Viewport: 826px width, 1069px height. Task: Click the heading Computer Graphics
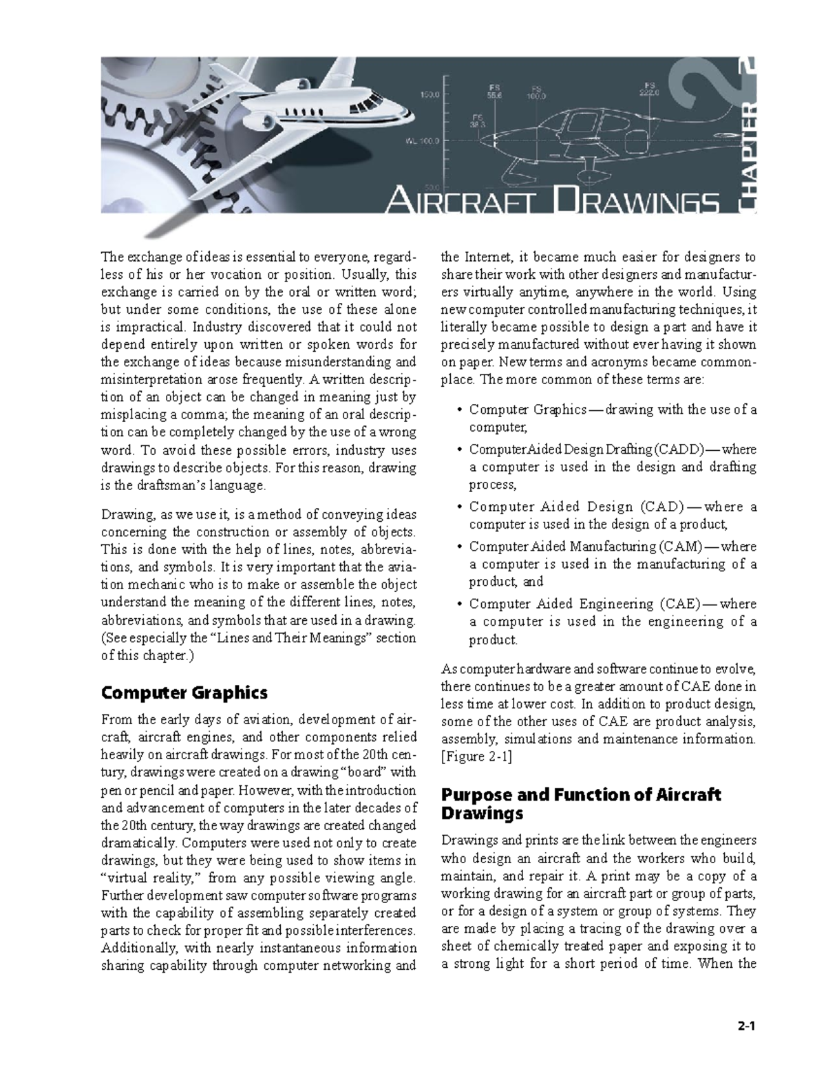click(x=184, y=692)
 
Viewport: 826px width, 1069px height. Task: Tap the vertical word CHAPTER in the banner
click(x=746, y=158)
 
